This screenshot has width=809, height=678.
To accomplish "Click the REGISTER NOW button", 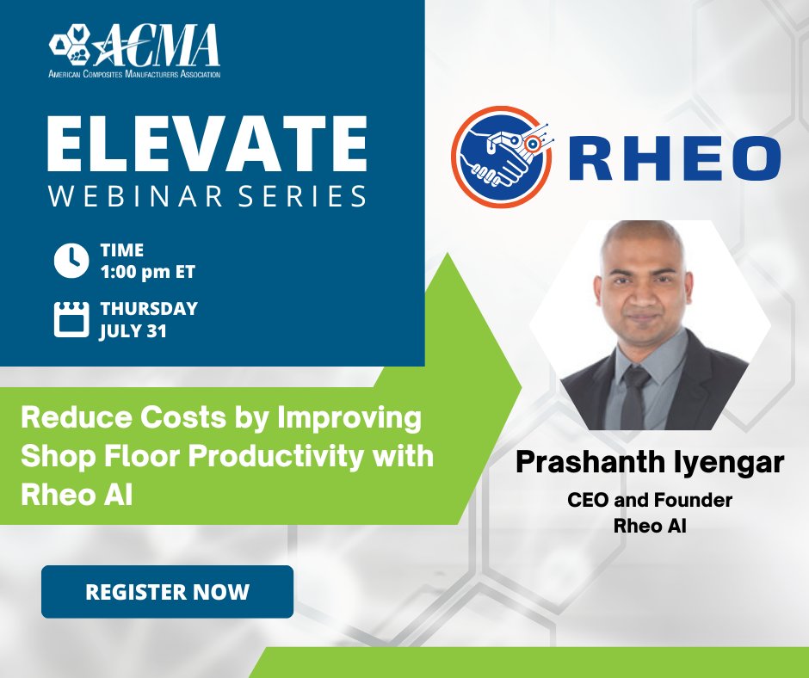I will (167, 592).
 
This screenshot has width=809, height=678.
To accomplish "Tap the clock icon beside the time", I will (71, 261).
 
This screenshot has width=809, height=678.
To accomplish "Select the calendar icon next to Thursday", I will (71, 317).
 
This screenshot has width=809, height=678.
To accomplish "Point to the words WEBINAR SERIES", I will (207, 195).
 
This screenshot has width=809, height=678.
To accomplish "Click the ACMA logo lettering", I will (164, 47).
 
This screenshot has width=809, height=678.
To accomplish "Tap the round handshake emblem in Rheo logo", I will (501, 157).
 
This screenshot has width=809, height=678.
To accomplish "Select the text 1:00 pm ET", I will (147, 272).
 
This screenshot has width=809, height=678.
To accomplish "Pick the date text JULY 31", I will (133, 330).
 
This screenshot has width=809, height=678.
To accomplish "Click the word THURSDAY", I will (149, 308).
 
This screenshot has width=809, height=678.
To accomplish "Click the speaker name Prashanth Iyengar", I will (650, 463).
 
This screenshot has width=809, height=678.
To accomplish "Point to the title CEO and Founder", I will (650, 500).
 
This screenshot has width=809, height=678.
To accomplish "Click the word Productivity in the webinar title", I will (277, 457).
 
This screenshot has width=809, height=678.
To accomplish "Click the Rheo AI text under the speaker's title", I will (650, 526).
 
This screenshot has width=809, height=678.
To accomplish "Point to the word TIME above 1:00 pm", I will (121, 250).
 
